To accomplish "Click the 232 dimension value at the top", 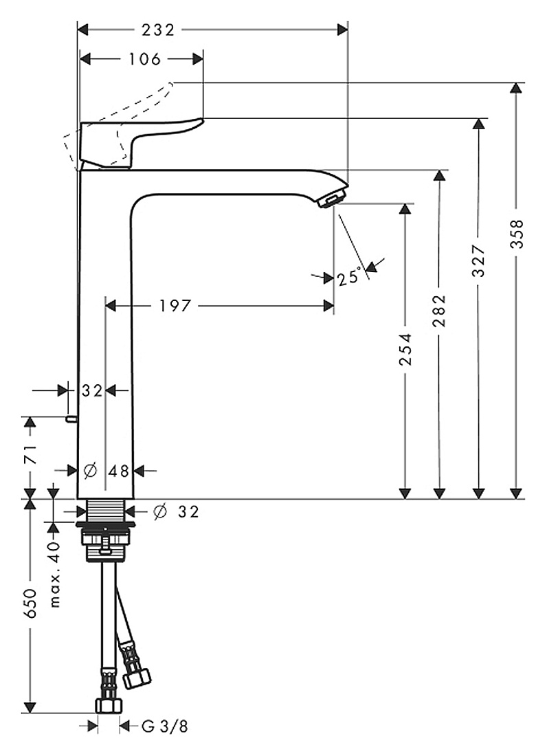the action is pyautogui.click(x=157, y=30).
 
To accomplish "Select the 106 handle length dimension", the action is pyautogui.click(x=144, y=59).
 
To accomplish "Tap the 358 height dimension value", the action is pyautogui.click(x=517, y=234).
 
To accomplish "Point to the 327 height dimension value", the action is pyautogui.click(x=478, y=261).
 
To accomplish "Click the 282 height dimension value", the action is pyautogui.click(x=440, y=311).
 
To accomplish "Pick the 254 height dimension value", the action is pyautogui.click(x=406, y=350).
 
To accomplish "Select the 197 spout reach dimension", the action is pyautogui.click(x=175, y=306).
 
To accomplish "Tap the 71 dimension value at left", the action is pyautogui.click(x=30, y=455).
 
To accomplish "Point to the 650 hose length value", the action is pyautogui.click(x=30, y=603).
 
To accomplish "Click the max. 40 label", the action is pyautogui.click(x=55, y=575).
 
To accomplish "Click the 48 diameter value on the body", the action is pyautogui.click(x=119, y=471).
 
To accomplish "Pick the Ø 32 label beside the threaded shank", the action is pyautogui.click(x=176, y=511).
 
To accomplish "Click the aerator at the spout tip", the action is pyautogui.click(x=333, y=199).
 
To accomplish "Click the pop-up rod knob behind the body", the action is pyautogui.click(x=71, y=419).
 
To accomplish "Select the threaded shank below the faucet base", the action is pyautogui.click(x=106, y=510).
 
